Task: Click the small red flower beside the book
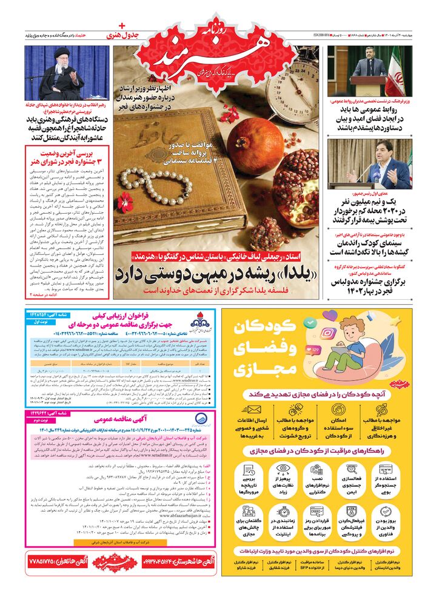pos(125,201)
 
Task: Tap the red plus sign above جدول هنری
pos(121,26)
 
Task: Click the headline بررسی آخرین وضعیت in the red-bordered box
pos(67,151)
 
